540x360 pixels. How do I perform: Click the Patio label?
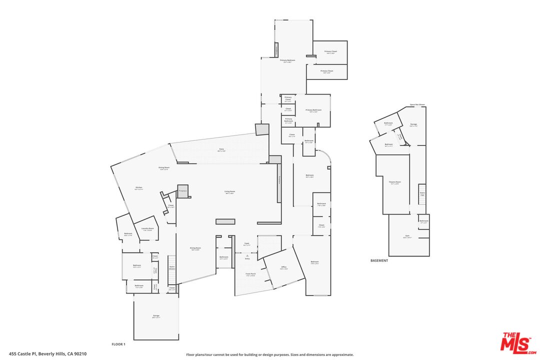(221, 149)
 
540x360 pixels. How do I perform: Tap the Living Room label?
(229, 192)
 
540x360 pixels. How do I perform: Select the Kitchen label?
(138, 188)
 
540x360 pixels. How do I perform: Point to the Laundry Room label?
(147, 229)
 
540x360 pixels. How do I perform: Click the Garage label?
(156, 316)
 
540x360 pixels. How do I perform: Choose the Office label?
(283, 268)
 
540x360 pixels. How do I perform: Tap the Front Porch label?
(250, 274)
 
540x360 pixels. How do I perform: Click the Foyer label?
(246, 244)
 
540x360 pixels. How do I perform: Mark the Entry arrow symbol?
(247, 255)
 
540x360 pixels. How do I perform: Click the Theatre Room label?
(394, 182)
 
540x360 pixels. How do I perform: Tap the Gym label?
(407, 237)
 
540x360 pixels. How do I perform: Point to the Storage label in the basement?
(413, 124)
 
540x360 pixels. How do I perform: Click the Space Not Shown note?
(417, 104)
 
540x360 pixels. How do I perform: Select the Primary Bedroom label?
(287, 61)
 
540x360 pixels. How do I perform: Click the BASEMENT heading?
(379, 260)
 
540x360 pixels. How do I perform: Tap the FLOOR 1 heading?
(118, 344)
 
